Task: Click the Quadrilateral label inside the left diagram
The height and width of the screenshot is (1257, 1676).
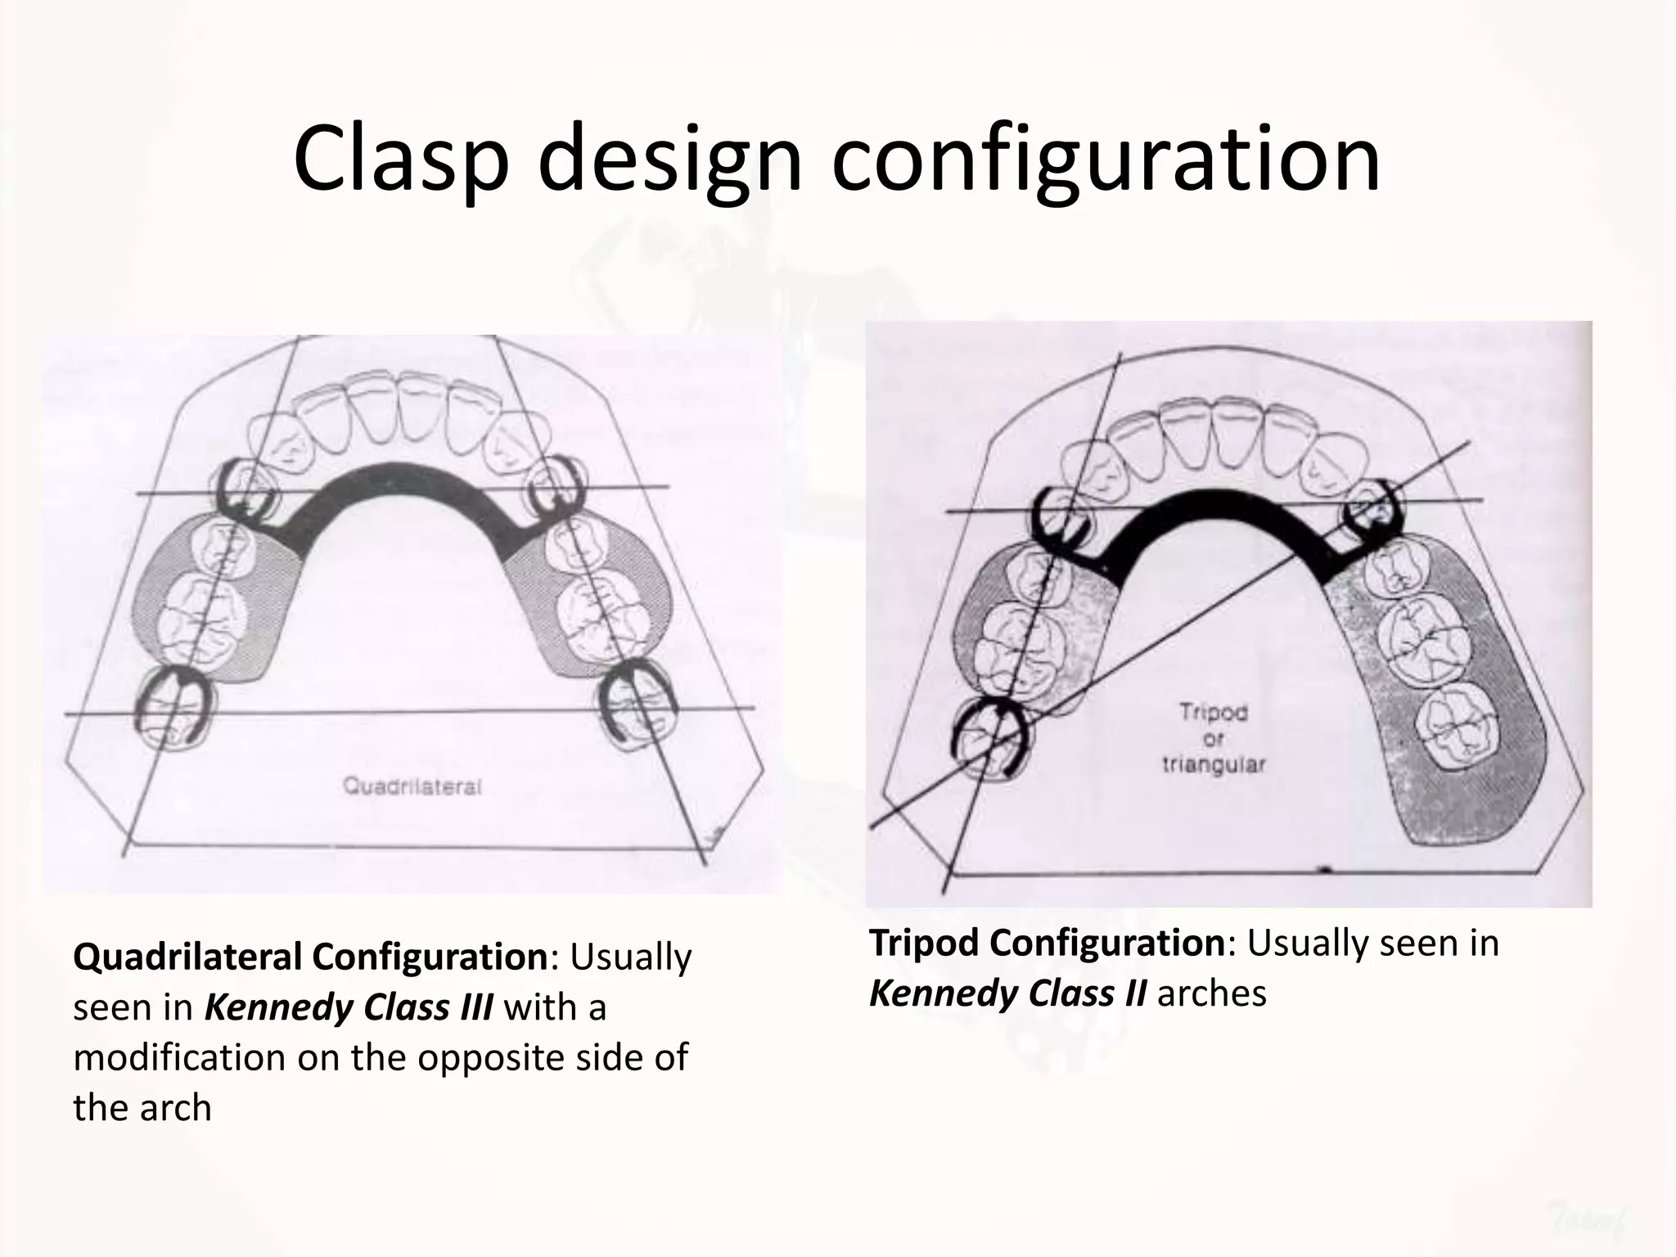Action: (x=412, y=786)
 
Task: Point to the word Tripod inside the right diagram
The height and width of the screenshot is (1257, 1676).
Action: (x=1214, y=713)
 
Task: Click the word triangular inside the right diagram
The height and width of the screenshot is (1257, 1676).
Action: (x=1214, y=765)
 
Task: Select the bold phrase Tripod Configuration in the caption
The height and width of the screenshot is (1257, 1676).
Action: (x=1047, y=942)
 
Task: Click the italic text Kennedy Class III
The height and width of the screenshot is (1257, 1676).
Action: (x=348, y=1007)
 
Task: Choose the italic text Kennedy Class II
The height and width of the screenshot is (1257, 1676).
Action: (x=1007, y=993)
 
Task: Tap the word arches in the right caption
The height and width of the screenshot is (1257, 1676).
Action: (x=1211, y=993)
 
